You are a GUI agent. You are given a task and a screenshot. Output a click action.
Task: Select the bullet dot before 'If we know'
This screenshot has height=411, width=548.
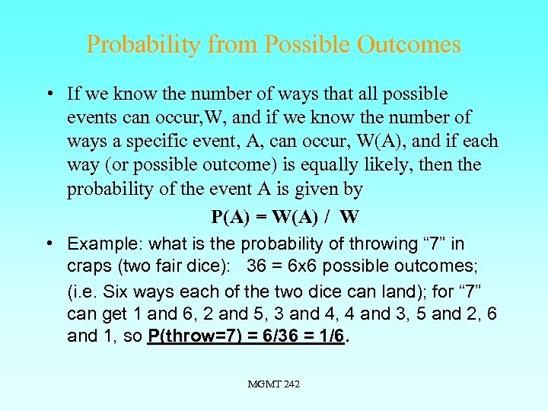49,95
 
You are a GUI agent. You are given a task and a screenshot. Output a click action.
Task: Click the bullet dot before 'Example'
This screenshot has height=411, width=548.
49,244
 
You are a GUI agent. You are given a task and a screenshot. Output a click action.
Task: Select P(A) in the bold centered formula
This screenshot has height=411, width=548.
229,217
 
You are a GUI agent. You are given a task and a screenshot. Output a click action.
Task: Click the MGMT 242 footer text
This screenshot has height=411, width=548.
274,384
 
